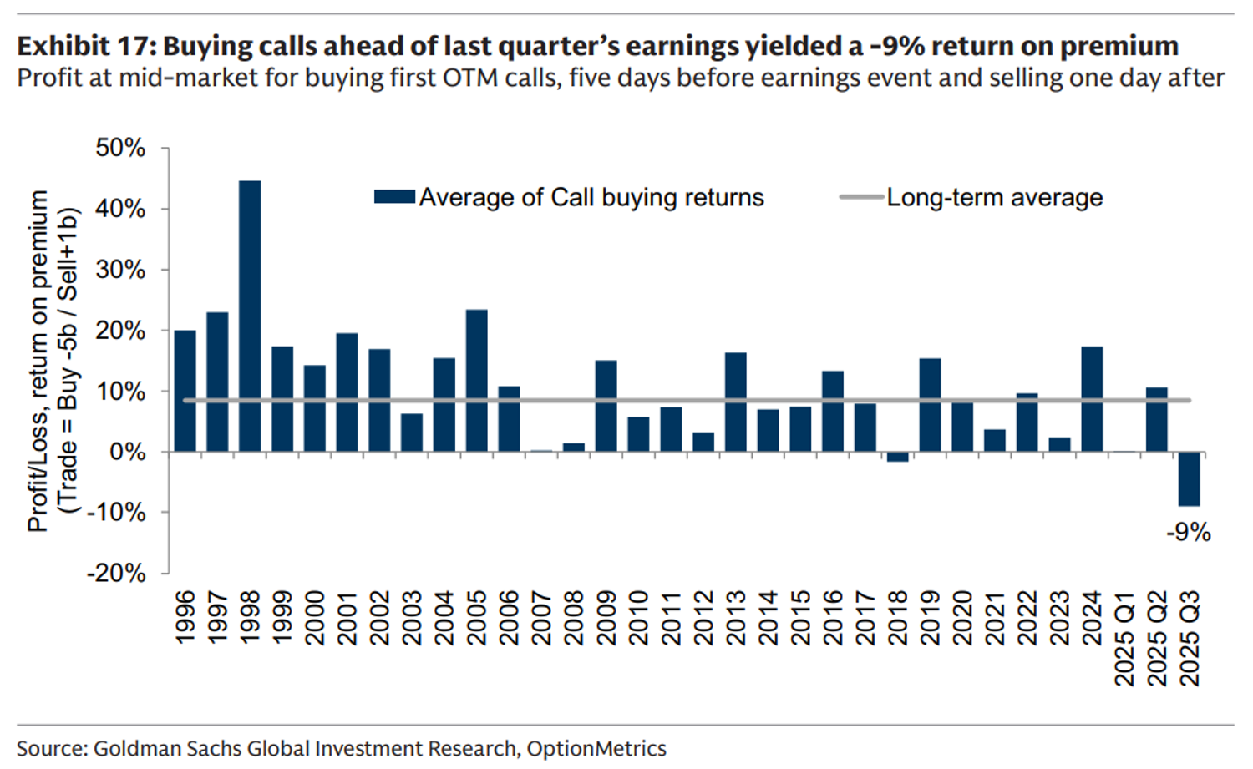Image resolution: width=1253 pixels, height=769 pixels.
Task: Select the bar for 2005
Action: click(476, 381)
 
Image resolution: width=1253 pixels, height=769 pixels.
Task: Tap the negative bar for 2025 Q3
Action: click(1189, 478)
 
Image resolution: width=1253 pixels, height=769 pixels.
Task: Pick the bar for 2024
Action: click(1092, 399)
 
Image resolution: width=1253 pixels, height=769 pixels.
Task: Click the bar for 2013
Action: click(736, 402)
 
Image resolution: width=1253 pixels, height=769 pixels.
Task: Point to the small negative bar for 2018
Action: click(897, 457)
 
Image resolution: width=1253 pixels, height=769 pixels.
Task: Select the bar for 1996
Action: click(185, 391)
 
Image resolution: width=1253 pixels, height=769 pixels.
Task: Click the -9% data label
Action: click(1188, 532)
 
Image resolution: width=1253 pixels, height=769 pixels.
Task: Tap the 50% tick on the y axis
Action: click(120, 148)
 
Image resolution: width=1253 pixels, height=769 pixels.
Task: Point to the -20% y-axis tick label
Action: click(116, 573)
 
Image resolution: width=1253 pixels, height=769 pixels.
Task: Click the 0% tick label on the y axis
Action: click(127, 452)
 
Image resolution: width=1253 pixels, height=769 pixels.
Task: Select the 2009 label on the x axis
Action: click(606, 618)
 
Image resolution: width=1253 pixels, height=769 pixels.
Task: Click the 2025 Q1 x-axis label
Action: click(1124, 638)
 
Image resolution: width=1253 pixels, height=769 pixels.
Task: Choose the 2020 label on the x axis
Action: click(962, 618)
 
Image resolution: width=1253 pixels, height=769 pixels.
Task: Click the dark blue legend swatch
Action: click(394, 197)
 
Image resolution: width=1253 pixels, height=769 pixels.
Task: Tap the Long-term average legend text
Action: click(994, 197)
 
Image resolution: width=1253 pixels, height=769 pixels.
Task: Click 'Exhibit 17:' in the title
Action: click(86, 46)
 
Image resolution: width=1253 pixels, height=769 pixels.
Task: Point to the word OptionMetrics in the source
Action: click(596, 748)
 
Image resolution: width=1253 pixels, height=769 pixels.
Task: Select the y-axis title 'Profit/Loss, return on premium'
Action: click(38, 361)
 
